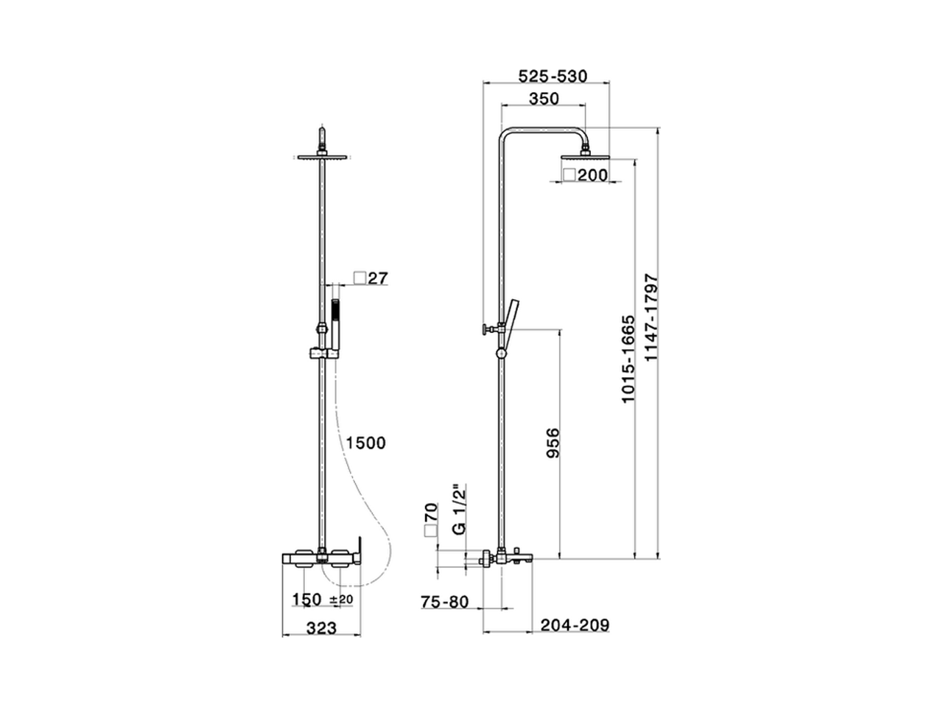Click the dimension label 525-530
553,76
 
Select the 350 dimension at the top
544,98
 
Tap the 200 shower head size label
592,175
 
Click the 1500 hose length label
366,443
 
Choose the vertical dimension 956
553,443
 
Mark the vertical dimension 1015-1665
628,359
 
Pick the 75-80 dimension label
444,602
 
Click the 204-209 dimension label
575,625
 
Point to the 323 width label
321,627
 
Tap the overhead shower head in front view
322,156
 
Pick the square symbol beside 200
569,175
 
